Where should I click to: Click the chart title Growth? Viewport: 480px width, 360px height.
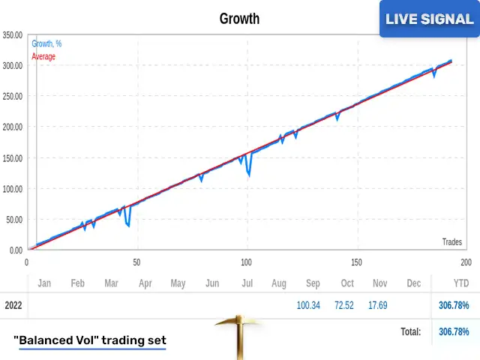coord(239,19)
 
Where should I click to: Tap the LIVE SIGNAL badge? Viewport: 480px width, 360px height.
coord(429,19)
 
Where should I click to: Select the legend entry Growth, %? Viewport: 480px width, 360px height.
coord(46,44)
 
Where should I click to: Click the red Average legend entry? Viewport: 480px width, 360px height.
coord(43,56)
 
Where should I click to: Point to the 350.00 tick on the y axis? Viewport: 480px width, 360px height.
coord(12,34)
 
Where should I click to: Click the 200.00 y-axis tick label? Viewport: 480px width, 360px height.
coord(12,127)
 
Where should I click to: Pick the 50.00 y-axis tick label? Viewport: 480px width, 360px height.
coord(13,219)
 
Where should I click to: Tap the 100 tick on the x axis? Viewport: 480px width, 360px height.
coord(246,262)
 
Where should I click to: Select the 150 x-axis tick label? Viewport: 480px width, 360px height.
coord(356,262)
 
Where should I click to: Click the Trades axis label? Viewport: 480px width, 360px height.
coord(451,241)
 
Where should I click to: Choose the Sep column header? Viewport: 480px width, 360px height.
coord(313,283)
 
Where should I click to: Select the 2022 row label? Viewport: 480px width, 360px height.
coord(13,305)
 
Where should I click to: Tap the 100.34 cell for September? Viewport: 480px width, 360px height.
coord(308,305)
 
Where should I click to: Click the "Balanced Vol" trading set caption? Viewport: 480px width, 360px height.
coord(90,340)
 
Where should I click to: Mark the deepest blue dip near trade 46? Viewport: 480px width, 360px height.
coord(129,226)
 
